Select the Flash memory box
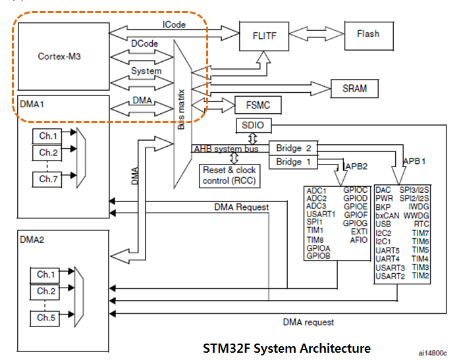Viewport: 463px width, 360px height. [368, 34]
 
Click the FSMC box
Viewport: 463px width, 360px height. [253, 105]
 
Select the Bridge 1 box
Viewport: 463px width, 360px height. [292, 162]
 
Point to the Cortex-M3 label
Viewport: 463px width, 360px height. [60, 57]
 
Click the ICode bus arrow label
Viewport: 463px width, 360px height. [174, 25]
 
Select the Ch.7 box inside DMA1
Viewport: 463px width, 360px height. [48, 179]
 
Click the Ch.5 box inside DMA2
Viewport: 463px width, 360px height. [45, 317]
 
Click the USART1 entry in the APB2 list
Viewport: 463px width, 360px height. [319, 213]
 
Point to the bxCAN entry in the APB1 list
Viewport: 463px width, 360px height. [387, 215]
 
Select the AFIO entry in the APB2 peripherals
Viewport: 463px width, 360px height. [359, 240]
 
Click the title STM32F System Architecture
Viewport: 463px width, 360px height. [286, 347]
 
